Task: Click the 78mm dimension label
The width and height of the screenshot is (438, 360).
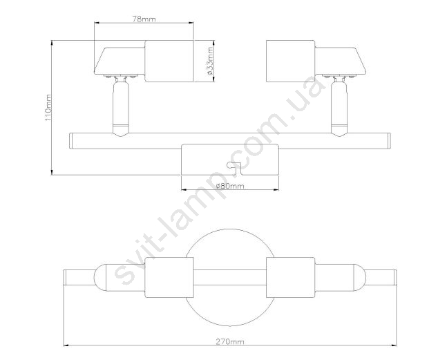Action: click(144, 19)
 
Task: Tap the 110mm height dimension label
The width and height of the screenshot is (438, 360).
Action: click(48, 108)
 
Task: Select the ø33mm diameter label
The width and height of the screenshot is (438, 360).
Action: click(210, 61)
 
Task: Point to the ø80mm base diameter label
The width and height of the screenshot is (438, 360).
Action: click(230, 186)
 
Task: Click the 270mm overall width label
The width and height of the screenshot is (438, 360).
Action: click(229, 341)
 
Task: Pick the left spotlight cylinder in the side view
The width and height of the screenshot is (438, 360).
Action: click(169, 61)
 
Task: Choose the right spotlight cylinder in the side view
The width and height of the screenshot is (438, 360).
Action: click(291, 61)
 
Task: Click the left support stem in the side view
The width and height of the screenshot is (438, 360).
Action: click(121, 108)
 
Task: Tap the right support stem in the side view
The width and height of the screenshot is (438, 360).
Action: click(339, 108)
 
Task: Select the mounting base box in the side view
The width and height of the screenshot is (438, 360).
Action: click(230, 160)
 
